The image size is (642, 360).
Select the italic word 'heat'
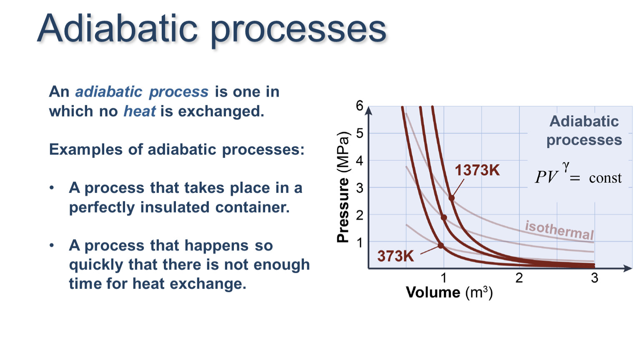coord(140,111)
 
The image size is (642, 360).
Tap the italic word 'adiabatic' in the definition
coord(109,92)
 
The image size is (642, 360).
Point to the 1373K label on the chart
coord(477,170)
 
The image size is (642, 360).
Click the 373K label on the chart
coord(396,256)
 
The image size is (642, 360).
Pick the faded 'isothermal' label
coord(559,230)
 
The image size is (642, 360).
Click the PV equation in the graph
coord(578,175)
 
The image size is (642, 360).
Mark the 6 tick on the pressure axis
coord(359,106)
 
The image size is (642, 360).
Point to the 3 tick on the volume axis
coord(594,278)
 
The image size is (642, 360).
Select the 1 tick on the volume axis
coord(444,278)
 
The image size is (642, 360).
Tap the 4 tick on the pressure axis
coord(359,161)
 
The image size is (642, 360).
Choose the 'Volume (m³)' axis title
coord(449,292)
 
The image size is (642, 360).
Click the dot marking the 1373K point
coord(451,198)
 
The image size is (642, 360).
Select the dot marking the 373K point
coord(441,245)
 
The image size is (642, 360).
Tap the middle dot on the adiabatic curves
coord(444,217)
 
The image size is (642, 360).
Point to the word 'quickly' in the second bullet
coord(96,265)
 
